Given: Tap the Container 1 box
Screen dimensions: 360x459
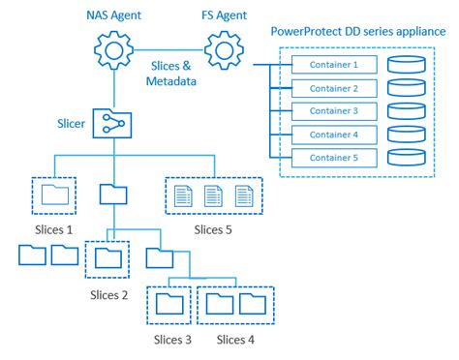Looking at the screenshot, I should (333, 66).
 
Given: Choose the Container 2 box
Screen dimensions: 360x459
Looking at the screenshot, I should (333, 89).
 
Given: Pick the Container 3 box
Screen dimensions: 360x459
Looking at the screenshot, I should (333, 111).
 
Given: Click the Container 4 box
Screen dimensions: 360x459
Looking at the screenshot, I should (333, 135).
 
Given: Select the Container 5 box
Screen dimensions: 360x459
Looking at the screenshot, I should (333, 158).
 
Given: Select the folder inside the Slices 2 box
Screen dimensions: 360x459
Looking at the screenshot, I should (108, 257).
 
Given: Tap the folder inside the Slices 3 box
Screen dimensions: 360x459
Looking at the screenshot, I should (168, 304).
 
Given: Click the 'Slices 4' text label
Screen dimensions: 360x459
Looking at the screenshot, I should (237, 339).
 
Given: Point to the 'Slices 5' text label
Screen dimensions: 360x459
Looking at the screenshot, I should (213, 229).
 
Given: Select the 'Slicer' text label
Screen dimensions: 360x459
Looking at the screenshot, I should (72, 124).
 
